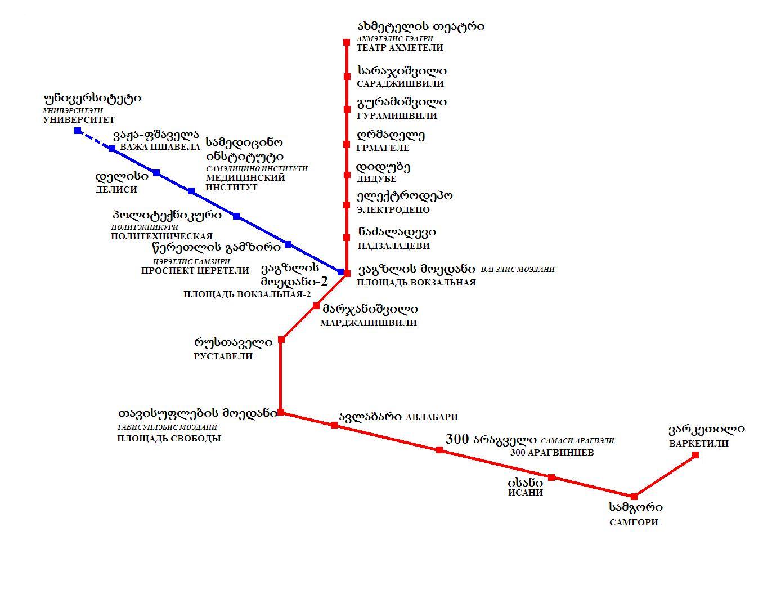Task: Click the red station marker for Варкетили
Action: click(x=695, y=455)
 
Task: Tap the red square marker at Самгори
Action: click(x=634, y=497)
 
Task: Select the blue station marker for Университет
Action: click(x=78, y=131)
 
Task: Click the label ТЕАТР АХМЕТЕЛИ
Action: click(x=400, y=48)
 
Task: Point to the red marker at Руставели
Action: click(x=281, y=340)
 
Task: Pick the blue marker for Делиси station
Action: click(x=156, y=173)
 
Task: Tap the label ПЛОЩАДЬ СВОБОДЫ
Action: click(x=169, y=438)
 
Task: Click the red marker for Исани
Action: click(x=551, y=477)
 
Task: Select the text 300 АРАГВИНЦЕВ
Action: click(x=551, y=452)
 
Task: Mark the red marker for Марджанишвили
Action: click(x=316, y=306)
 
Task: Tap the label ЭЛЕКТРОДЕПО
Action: click(x=393, y=209)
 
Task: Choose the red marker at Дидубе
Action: click(x=347, y=175)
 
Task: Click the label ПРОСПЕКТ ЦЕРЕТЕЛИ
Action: click(x=195, y=270)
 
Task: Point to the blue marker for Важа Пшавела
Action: click(x=112, y=149)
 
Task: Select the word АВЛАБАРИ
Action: click(x=431, y=417)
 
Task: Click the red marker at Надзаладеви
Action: click(x=347, y=238)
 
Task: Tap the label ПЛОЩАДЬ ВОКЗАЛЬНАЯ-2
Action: click(x=247, y=294)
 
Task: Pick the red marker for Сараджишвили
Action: click(x=347, y=77)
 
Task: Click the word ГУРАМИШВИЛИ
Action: click(x=397, y=115)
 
